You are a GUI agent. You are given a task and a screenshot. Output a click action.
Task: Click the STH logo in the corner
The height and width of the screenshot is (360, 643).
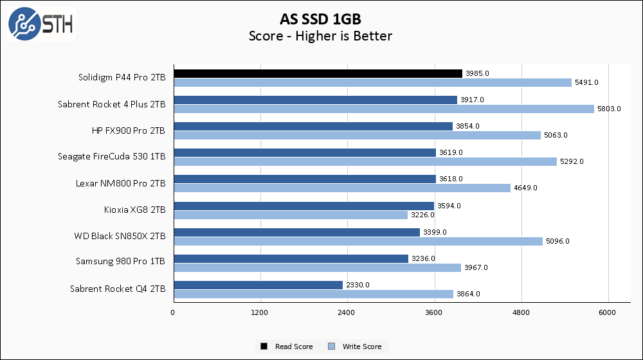click(x=41, y=24)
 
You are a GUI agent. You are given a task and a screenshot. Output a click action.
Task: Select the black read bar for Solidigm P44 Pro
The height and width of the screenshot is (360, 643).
click(x=318, y=73)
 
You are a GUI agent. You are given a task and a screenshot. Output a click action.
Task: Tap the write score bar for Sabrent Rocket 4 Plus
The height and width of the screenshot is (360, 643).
click(x=384, y=109)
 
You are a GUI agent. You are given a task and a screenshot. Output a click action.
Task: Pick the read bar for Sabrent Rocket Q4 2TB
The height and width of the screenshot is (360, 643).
click(x=257, y=285)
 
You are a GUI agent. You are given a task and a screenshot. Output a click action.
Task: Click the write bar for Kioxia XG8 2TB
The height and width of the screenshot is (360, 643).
click(x=290, y=215)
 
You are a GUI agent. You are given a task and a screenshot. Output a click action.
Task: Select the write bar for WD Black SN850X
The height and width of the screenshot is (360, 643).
click(x=358, y=241)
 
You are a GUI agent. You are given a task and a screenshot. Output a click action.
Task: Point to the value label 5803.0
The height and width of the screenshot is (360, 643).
click(x=610, y=109)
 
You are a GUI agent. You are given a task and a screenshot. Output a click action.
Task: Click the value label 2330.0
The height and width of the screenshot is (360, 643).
click(x=357, y=285)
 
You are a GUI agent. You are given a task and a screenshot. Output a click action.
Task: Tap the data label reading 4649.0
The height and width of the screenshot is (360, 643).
click(x=525, y=188)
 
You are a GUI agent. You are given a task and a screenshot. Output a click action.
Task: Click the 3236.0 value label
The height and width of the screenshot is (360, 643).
click(x=422, y=258)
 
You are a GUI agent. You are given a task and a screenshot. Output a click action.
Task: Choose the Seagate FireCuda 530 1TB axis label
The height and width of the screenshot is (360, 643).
click(x=112, y=157)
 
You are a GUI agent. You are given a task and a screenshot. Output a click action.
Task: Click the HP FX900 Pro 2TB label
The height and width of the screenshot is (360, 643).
click(x=129, y=130)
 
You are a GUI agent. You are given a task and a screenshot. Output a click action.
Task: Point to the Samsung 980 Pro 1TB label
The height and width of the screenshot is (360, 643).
click(x=120, y=262)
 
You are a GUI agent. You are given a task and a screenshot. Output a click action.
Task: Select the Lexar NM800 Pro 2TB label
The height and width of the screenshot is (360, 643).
click(x=120, y=183)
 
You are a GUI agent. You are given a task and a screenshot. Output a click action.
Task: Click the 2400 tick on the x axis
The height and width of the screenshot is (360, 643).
click(x=347, y=312)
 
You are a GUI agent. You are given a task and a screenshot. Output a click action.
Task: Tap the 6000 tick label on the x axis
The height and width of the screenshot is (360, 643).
click(x=608, y=312)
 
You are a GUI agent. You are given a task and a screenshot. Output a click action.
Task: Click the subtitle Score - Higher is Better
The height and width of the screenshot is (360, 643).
click(x=320, y=36)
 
